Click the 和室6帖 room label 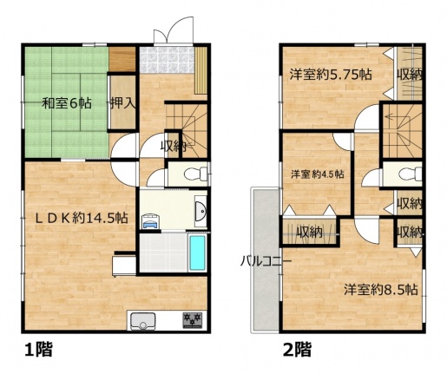coord(67,103)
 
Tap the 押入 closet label coord(123,103)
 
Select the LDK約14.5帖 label coord(82,218)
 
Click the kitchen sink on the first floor coord(143,321)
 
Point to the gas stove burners coord(192,320)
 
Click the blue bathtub coord(197,253)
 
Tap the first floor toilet coord(195,174)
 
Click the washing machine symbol coord(150,221)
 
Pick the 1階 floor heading coord(38,350)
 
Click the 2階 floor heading coord(297,350)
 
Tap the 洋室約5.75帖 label coord(331,75)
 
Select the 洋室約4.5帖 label coord(318,174)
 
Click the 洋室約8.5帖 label coord(381,289)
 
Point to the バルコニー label coord(266,261)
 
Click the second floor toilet coord(410,174)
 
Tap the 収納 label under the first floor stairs coord(174,148)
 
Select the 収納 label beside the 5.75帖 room coord(410,75)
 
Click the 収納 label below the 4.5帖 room coord(310,233)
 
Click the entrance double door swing coord(174,30)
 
